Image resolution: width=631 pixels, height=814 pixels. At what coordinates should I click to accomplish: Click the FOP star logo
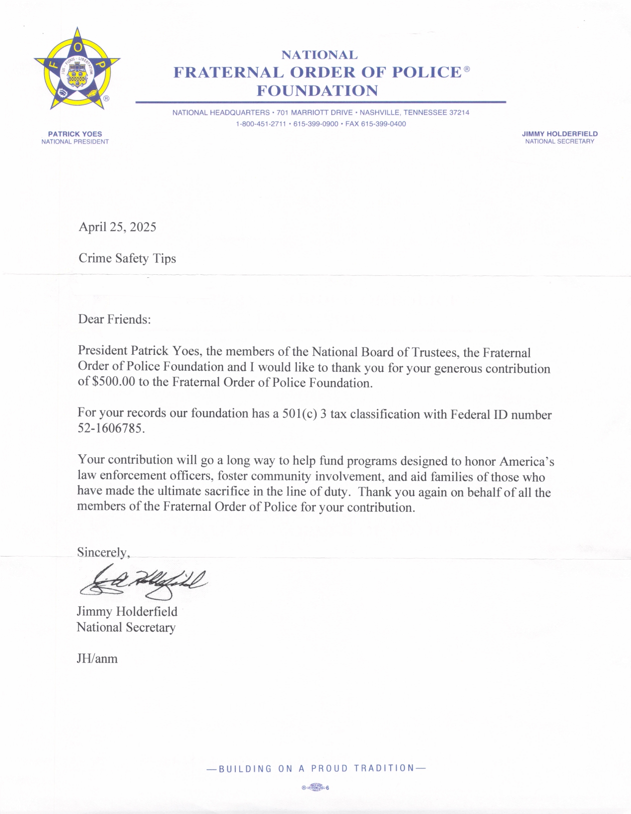(x=77, y=68)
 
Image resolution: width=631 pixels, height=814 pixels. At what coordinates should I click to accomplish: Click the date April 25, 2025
(x=117, y=227)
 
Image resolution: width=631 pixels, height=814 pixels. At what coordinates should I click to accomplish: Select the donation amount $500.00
(x=114, y=382)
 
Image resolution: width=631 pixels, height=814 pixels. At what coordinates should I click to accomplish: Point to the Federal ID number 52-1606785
(x=111, y=428)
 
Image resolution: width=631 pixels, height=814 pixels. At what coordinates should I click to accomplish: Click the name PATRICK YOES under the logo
(x=75, y=134)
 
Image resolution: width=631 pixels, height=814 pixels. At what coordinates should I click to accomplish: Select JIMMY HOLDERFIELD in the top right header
(x=560, y=134)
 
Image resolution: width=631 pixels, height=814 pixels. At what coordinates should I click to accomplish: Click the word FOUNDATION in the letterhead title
(x=317, y=91)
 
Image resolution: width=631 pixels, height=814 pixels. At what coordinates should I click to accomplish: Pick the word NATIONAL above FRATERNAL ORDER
(x=319, y=55)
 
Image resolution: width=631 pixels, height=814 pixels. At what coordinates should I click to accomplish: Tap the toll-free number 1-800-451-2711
(x=261, y=124)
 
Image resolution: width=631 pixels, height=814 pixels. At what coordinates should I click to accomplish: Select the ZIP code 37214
(x=459, y=112)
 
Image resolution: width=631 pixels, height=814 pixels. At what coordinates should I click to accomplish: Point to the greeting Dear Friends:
(x=114, y=319)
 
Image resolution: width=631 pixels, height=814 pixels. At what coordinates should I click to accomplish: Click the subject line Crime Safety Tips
(x=127, y=258)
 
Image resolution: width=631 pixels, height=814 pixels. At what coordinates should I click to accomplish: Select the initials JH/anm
(x=97, y=658)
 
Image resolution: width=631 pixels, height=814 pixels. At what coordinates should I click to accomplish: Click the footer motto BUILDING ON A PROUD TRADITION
(x=316, y=768)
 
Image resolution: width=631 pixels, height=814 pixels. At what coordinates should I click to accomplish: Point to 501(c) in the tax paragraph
(x=299, y=413)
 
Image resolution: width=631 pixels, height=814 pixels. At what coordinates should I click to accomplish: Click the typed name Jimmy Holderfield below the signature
(x=127, y=611)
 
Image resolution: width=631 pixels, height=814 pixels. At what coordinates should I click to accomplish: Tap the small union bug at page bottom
(x=315, y=787)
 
